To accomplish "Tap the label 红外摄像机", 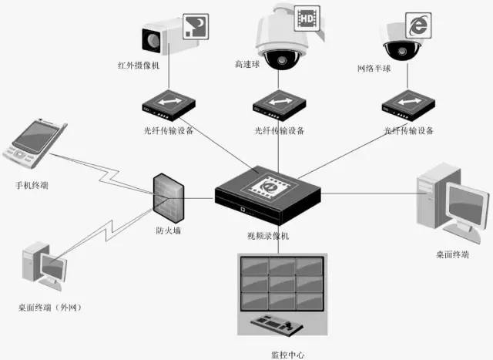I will click(139, 67).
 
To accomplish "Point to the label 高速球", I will click(246, 67).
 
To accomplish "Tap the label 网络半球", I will click(374, 68).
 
